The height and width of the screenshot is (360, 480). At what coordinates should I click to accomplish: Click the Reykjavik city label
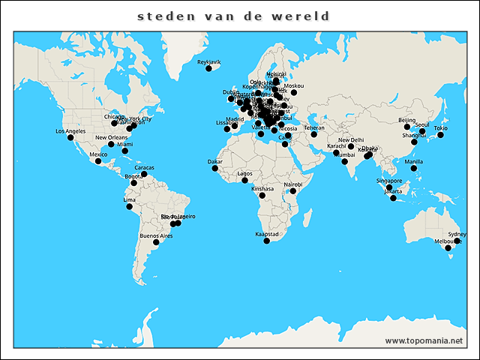[209, 61]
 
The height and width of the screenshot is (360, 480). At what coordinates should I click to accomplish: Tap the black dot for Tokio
[441, 135]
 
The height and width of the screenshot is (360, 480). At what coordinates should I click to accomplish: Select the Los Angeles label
[70, 131]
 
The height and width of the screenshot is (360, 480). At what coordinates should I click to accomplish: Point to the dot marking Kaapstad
[267, 241]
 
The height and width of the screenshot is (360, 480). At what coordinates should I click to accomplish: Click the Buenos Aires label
[156, 235]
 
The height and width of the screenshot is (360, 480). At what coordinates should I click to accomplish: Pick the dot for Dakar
[215, 168]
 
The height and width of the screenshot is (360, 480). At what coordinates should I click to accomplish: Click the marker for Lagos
[244, 180]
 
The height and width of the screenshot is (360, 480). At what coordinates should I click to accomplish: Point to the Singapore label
[390, 180]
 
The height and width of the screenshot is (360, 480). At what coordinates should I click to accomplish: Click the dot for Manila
[413, 168]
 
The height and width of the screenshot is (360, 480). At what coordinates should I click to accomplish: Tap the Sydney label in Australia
[457, 234]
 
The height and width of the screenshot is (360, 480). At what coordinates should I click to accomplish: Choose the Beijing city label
[406, 120]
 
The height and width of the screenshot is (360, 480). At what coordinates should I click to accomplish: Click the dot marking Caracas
[144, 174]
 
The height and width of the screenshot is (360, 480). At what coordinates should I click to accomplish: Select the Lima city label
[130, 200]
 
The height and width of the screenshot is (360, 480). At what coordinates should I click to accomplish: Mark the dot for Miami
[125, 151]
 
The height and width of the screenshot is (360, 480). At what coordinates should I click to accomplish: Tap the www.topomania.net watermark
[424, 340]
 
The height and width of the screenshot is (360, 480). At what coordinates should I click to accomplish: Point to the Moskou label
[295, 85]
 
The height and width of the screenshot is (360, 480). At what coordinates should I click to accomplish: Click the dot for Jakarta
[393, 197]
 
